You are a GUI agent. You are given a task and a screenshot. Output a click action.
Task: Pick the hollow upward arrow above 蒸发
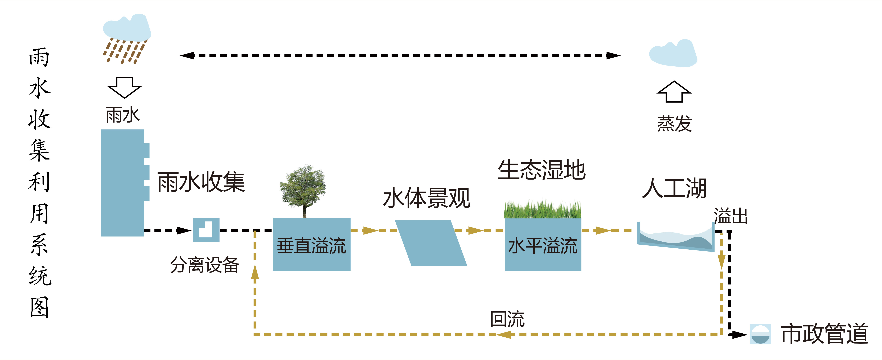coord(674,92)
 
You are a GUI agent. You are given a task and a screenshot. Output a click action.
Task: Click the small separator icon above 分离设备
coord(206,230)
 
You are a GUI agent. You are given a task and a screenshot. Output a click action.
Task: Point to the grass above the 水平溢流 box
coord(542,210)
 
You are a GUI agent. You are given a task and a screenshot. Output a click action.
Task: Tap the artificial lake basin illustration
coord(675,237)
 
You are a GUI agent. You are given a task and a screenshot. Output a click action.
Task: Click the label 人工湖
coord(674,188)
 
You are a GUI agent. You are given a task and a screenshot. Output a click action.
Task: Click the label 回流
coord(507,319)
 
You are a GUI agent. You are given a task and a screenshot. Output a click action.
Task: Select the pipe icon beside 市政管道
coord(760,334)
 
